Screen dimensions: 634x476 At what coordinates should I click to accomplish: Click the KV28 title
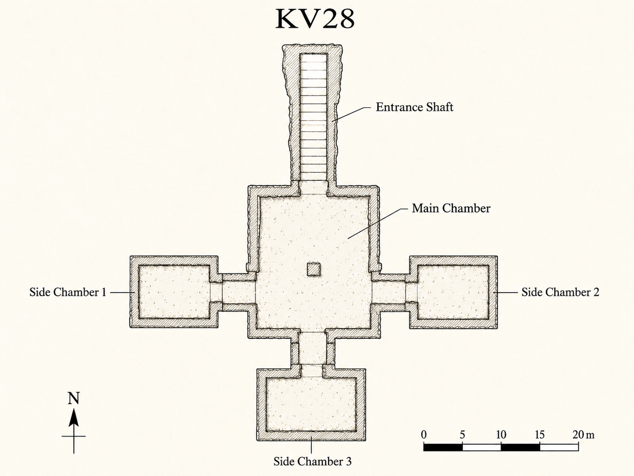315,19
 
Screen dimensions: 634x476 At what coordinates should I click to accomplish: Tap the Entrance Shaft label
415,107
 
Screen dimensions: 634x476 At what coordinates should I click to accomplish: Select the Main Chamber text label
451,208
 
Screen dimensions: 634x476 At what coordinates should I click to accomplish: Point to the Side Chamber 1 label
68,292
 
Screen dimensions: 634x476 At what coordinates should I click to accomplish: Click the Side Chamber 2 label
560,292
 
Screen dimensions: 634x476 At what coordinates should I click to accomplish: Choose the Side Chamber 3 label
313,461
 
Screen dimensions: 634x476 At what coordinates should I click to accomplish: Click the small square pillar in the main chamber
313,270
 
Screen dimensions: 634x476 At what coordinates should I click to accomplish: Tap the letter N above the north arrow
74,398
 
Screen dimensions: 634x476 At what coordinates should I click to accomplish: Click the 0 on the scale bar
424,434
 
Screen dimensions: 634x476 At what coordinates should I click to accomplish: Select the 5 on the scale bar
462,434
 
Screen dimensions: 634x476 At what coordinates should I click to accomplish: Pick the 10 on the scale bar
501,434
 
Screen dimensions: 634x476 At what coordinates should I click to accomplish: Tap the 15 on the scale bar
539,434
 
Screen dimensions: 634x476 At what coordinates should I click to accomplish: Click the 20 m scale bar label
583,434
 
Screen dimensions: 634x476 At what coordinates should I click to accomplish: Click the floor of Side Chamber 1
174,292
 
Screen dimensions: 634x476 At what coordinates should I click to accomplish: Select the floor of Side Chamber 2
453,292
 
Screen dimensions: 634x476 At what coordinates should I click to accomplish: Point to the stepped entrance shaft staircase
313,117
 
